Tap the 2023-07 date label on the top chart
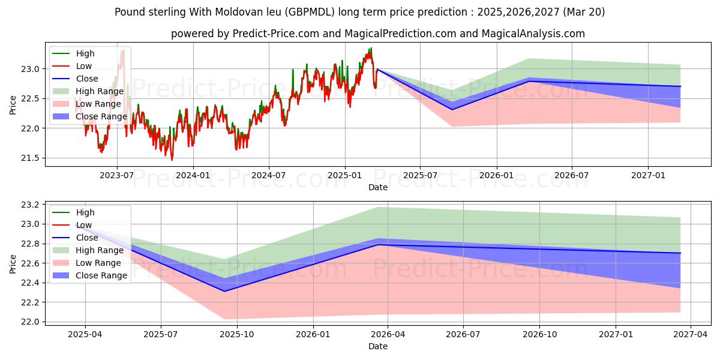pos(116,175)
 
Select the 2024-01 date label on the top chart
pos(193,175)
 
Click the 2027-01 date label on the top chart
pos(648,175)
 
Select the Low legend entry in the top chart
pos(84,66)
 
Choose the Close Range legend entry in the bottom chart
pos(101,275)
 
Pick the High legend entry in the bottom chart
pos(85,212)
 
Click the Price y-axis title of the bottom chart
pos(13,263)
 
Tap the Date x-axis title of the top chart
pos(378,187)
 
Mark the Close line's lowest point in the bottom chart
pos(224,292)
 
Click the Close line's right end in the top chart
pos(680,86)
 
